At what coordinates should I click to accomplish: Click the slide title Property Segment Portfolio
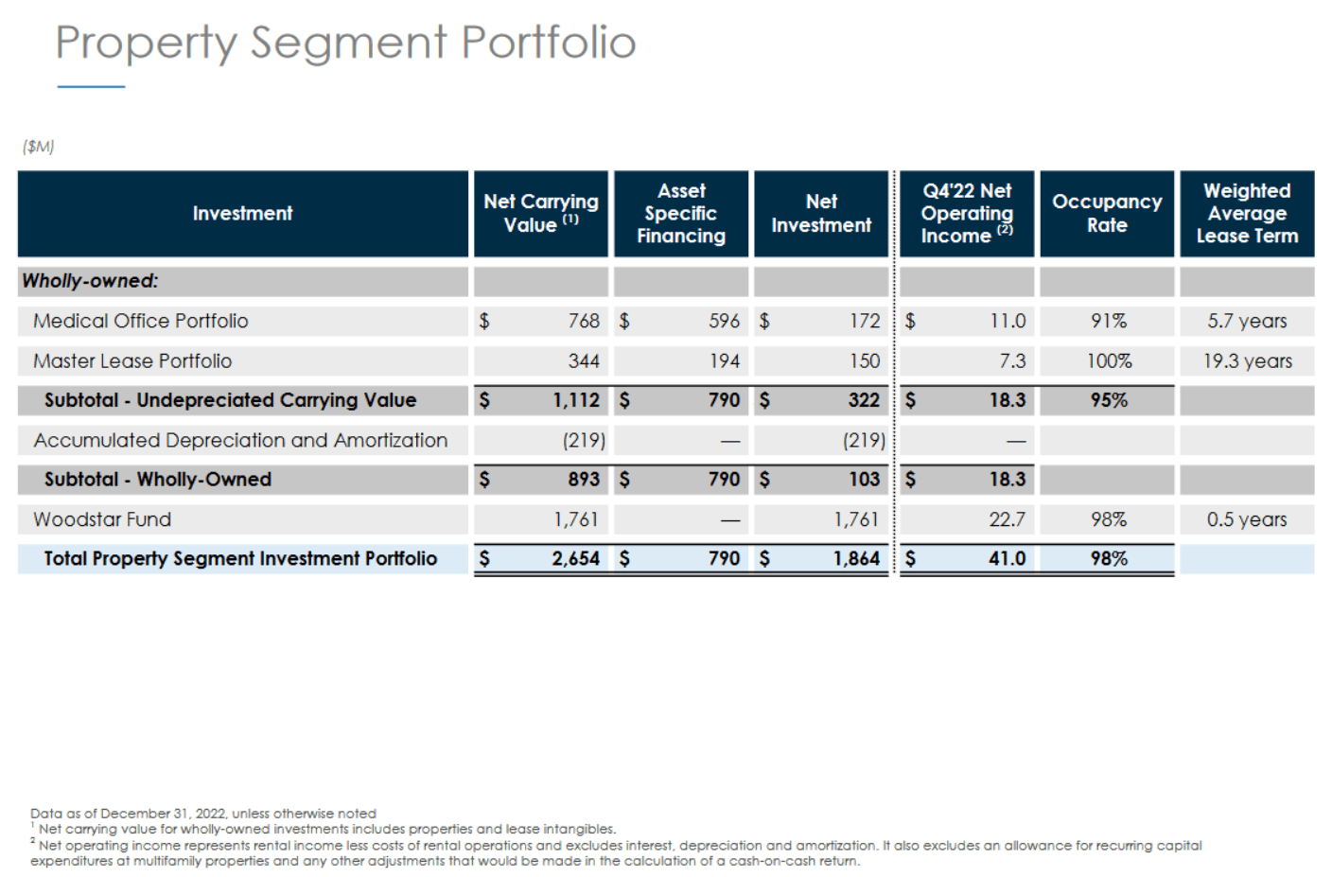[x=345, y=43]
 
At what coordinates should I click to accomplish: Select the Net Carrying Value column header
[x=540, y=214]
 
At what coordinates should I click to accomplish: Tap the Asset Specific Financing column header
[x=681, y=214]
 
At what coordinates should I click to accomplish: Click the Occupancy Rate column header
[x=1107, y=214]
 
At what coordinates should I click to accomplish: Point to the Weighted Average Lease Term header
[x=1247, y=214]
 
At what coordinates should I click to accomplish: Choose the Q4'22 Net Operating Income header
[x=966, y=214]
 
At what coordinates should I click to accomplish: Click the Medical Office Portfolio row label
[x=141, y=321]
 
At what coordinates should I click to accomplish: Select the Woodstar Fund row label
[x=102, y=519]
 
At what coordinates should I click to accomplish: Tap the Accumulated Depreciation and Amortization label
[x=240, y=440]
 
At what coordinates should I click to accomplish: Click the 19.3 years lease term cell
[x=1247, y=360]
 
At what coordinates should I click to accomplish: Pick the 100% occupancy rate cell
[x=1109, y=360]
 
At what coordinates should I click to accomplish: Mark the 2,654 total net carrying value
[x=575, y=559]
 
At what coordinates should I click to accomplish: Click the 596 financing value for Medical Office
[x=724, y=321]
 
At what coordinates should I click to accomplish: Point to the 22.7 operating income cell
[x=1007, y=519]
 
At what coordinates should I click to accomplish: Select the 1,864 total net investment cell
[x=856, y=559]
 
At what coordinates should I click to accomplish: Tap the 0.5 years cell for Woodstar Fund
[x=1247, y=519]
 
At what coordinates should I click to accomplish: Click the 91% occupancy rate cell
[x=1109, y=321]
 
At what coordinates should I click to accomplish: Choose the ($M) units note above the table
[x=39, y=147]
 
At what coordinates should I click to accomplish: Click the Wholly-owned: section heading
[x=90, y=281]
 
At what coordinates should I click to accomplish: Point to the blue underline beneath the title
[x=91, y=87]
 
